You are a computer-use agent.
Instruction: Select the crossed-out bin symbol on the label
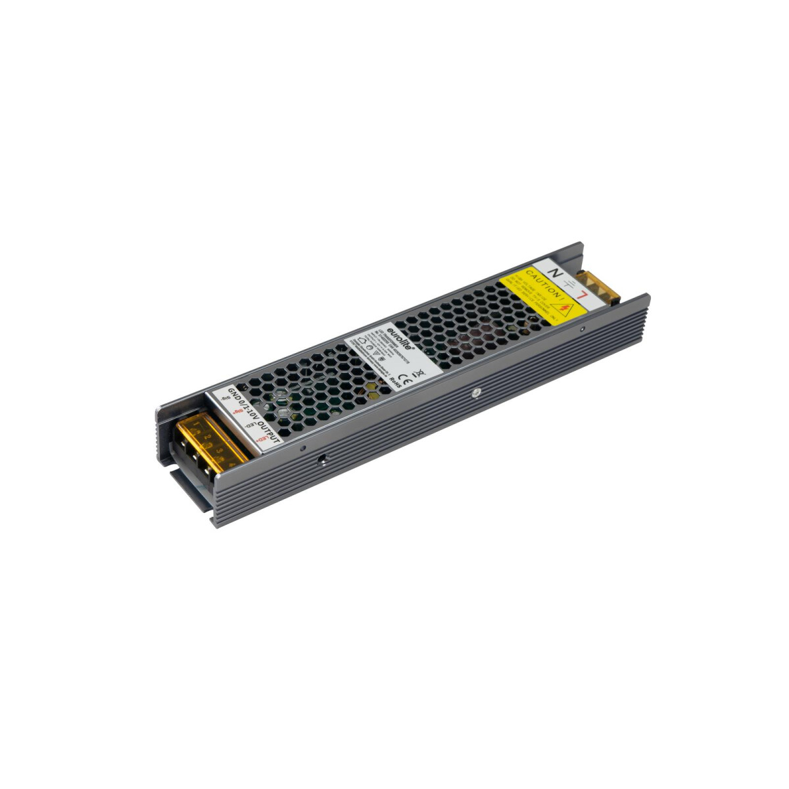pyautogui.click(x=419, y=372)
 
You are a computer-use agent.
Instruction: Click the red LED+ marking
pyautogui.click(x=260, y=438)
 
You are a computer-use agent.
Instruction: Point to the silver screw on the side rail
pyautogui.click(x=475, y=393)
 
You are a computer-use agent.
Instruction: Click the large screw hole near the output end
pyautogui.click(x=323, y=460)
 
